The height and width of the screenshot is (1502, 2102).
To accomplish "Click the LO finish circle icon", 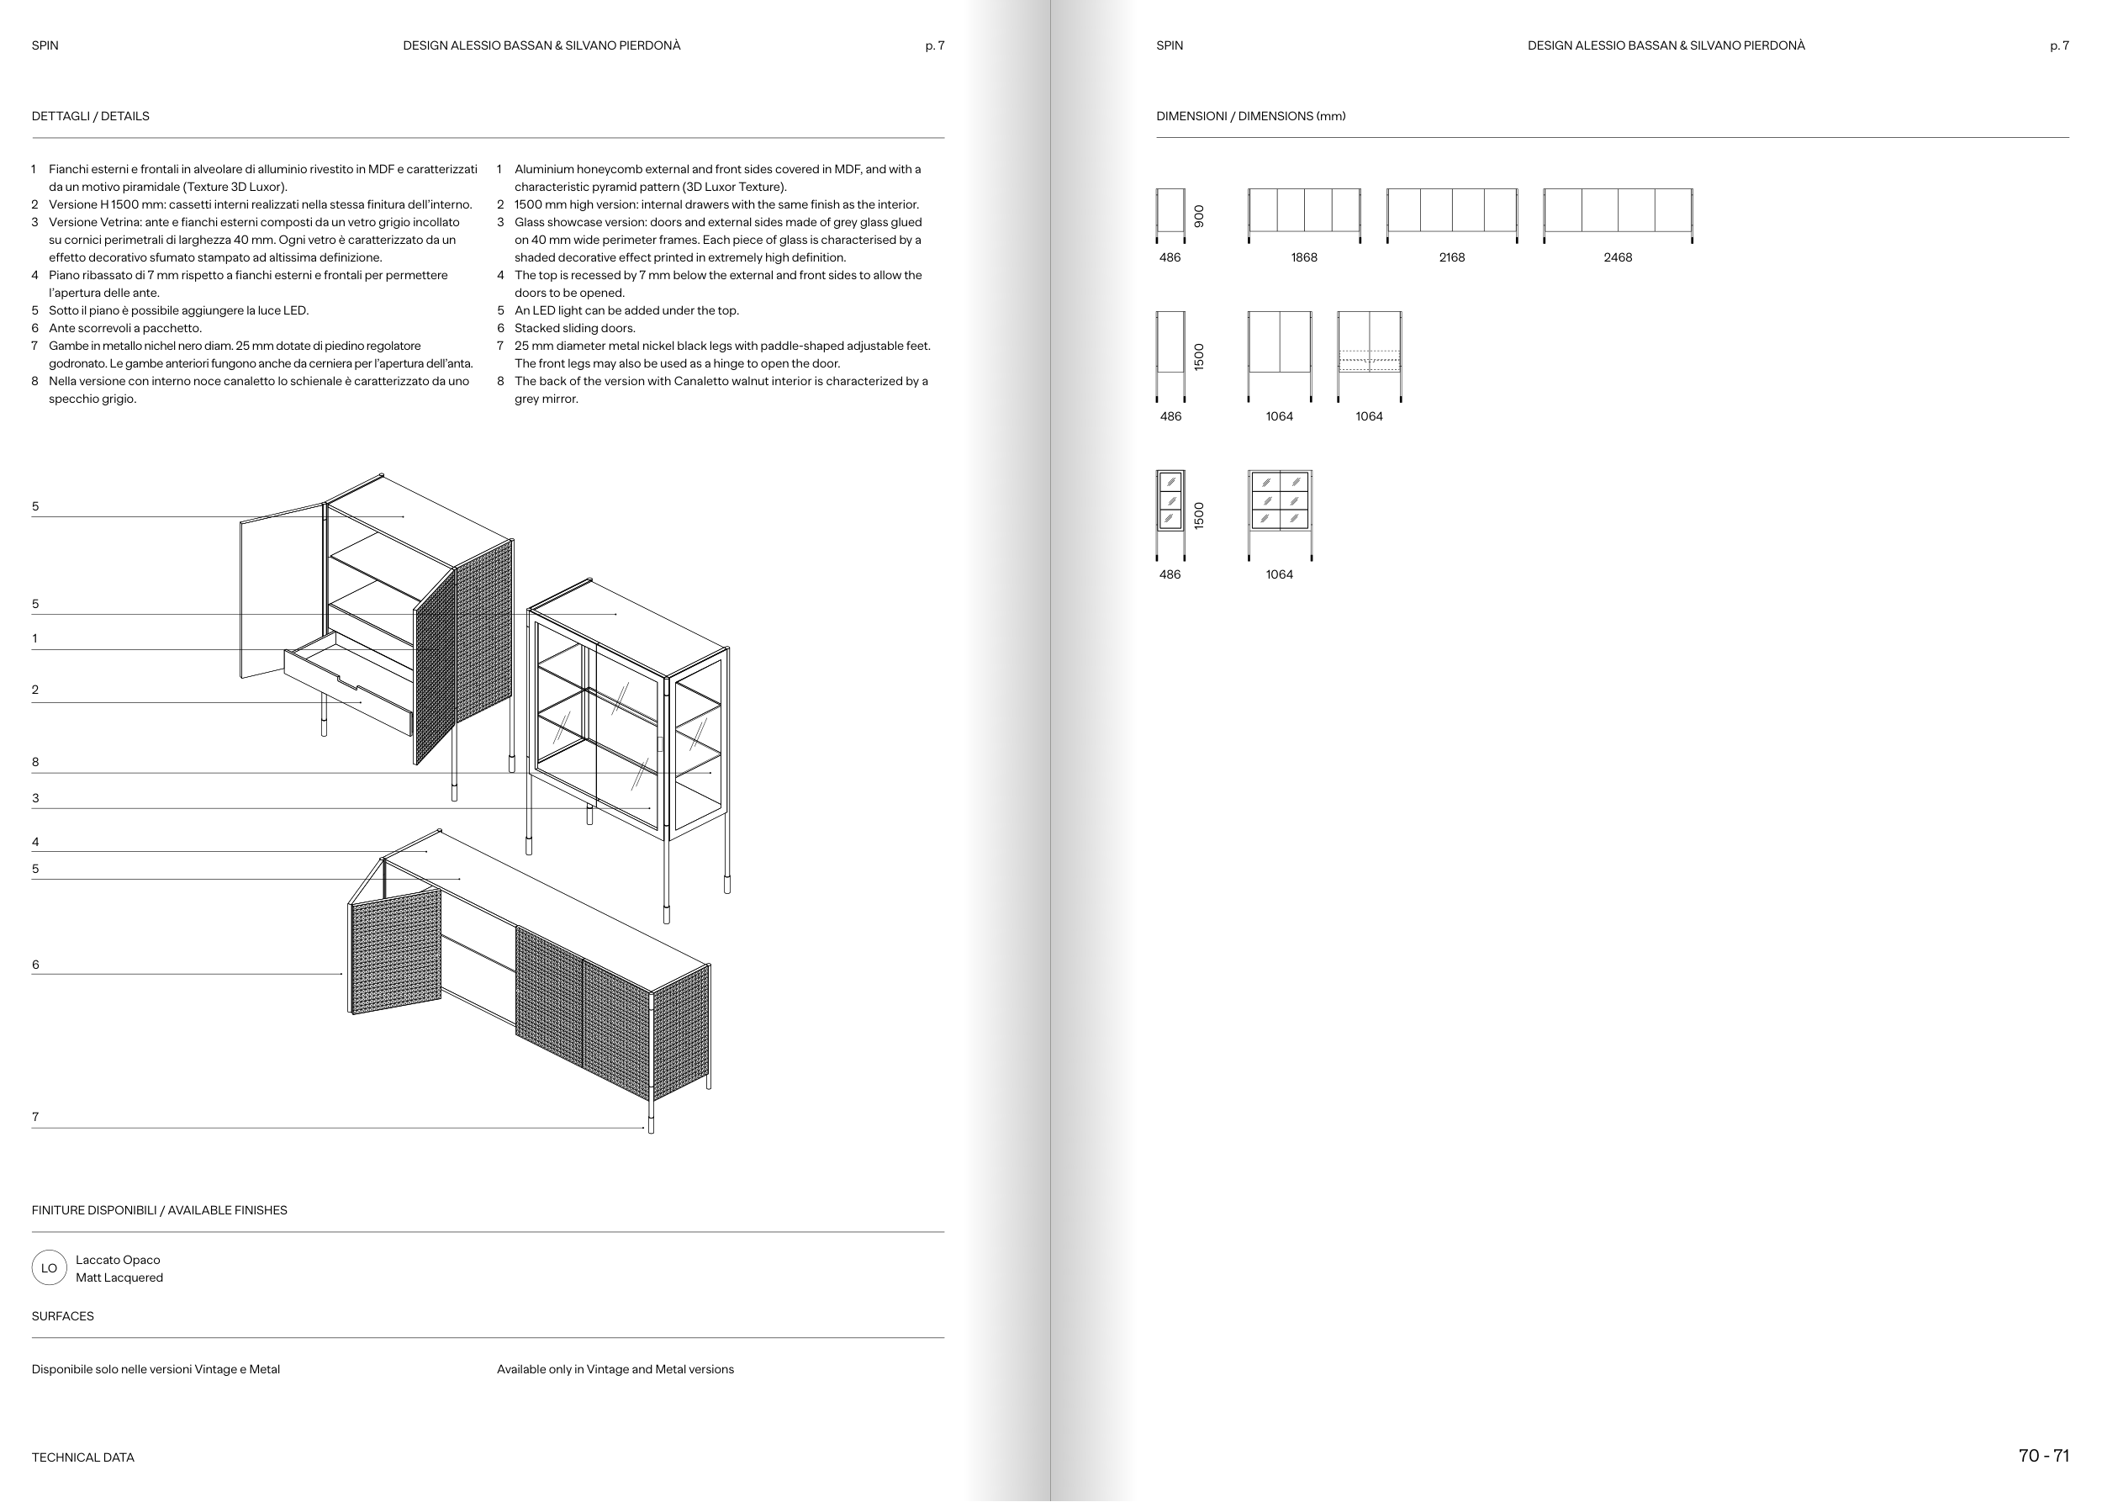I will (x=49, y=1268).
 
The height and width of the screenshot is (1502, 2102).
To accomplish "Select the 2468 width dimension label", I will (x=1618, y=258).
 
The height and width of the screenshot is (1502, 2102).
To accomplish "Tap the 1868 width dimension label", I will (x=1304, y=258).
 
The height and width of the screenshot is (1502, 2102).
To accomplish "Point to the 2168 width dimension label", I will (x=1452, y=258).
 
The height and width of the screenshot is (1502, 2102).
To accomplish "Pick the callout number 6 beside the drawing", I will (x=35, y=965).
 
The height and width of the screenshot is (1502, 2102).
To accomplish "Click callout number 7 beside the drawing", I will (x=35, y=1118).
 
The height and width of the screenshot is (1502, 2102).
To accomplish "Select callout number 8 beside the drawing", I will (x=35, y=762).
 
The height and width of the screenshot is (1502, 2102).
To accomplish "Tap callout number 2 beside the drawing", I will (x=35, y=690).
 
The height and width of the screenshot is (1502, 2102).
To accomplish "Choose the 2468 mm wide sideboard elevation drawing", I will (x=1618, y=214).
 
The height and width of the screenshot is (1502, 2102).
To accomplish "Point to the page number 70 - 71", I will (x=2044, y=1456).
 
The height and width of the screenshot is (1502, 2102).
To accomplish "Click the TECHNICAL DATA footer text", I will (x=83, y=1457).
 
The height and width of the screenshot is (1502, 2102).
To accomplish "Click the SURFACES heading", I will (x=63, y=1316).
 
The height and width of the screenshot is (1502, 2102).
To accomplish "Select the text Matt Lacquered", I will (x=119, y=1277).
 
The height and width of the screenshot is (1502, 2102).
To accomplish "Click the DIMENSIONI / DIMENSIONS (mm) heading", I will (x=1250, y=117).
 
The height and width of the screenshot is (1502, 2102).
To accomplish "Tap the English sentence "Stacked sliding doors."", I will (x=574, y=328).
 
